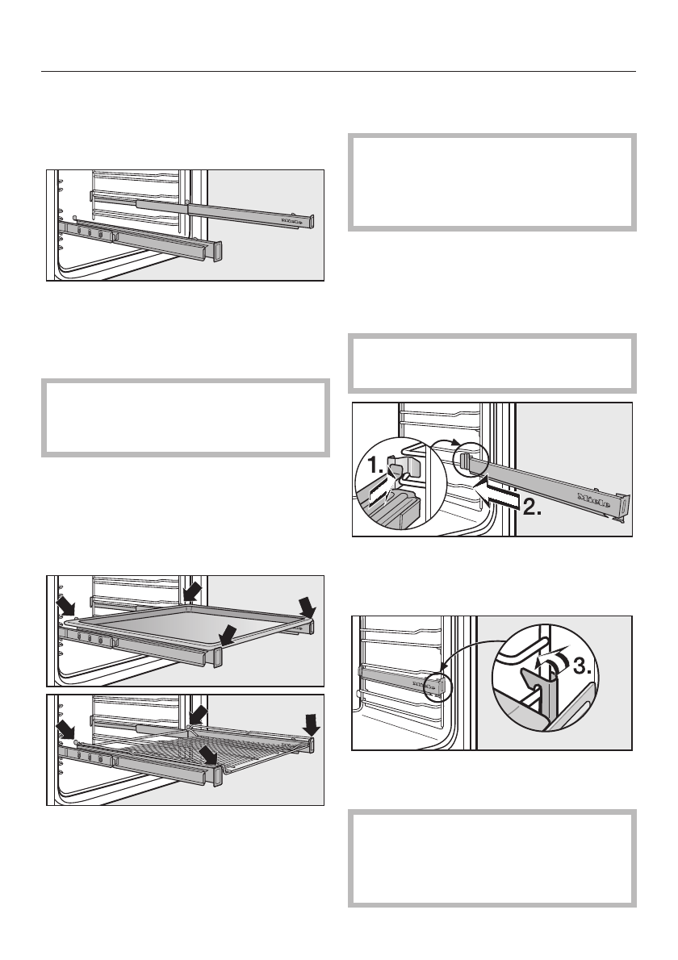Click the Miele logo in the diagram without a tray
click(x=292, y=218)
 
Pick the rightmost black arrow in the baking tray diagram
click(x=308, y=604)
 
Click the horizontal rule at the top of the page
click(x=339, y=71)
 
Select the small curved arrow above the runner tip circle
click(x=446, y=442)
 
